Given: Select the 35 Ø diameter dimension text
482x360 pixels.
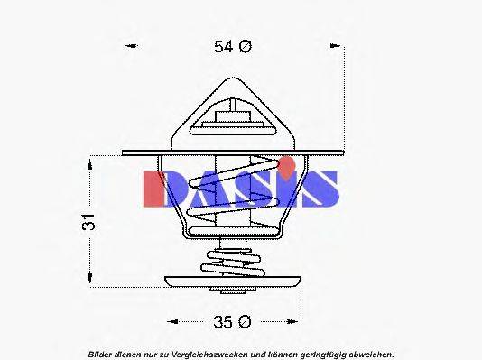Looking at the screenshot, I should (x=232, y=320).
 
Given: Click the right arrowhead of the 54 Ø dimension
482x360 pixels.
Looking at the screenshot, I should (x=336, y=47).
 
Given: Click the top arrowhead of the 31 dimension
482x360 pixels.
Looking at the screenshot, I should (x=90, y=162).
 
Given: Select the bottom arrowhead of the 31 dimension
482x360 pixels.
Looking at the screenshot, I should (x=90, y=279).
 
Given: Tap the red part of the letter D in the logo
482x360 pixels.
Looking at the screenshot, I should (x=155, y=188).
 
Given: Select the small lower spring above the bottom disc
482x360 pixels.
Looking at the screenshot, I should (x=232, y=263).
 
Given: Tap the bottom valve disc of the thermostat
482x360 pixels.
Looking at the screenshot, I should (x=232, y=282).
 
